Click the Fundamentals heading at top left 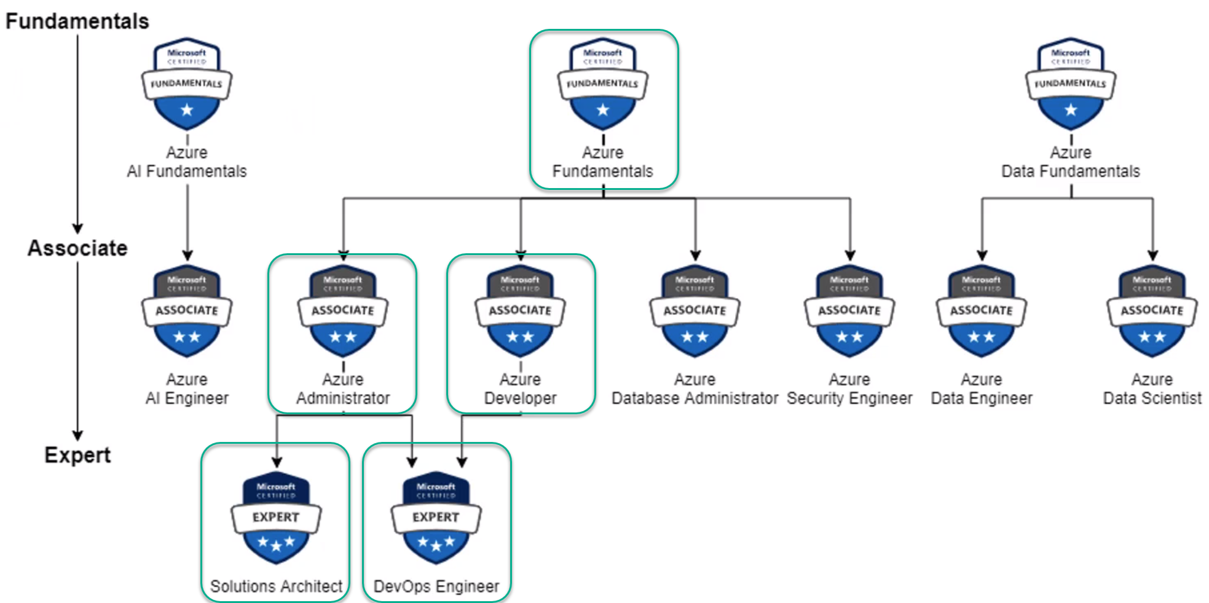77,21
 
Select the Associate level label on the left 77,248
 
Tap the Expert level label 77,455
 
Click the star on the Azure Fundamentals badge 603,110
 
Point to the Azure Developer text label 520,389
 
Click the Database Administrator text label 695,398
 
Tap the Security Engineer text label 849,398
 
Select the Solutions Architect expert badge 276,518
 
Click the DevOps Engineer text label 436,586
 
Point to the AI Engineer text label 187,398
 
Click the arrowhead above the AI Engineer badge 187,254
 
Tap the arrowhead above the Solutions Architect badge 277,462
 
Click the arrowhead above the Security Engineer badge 850,254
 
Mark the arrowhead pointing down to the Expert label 77,435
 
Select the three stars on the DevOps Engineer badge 436,543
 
